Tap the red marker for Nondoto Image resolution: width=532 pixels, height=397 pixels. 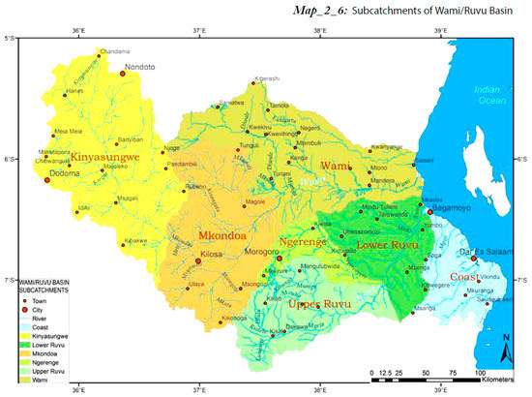coord(123,73)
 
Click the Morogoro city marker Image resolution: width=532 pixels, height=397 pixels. coord(279,260)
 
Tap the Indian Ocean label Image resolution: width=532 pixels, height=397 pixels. coord(489,95)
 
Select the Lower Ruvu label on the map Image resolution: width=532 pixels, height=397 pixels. coord(386,246)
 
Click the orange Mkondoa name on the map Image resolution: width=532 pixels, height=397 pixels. coord(224,235)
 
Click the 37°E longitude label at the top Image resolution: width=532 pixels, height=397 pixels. coord(198,31)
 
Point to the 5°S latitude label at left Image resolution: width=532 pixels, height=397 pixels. coord(9,39)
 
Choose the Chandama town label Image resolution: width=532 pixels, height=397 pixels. coord(114,50)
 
